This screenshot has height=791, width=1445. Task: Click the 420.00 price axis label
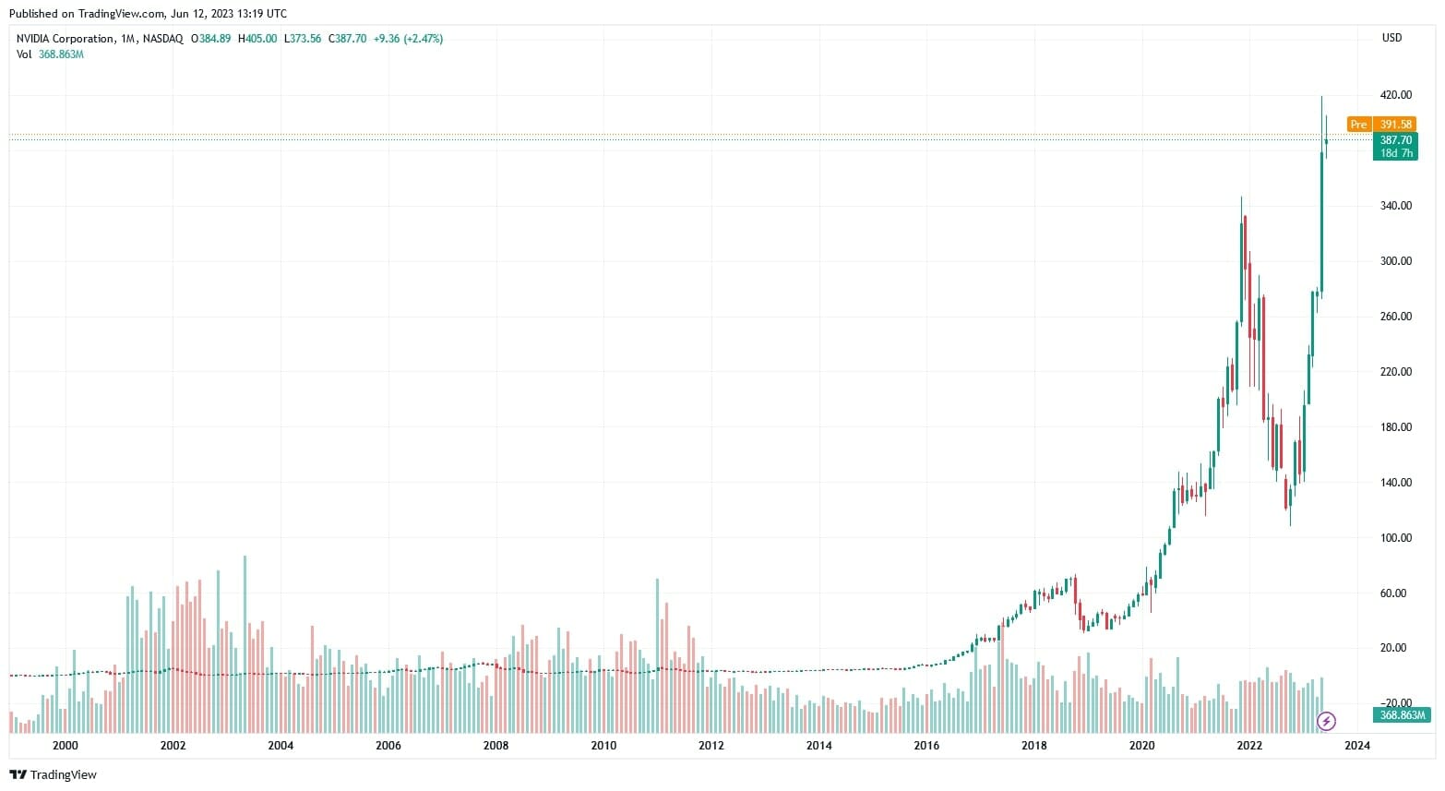1395,95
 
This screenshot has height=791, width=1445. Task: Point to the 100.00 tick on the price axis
1395,537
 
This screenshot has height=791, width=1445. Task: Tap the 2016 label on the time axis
926,746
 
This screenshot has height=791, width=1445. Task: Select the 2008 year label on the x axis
496,746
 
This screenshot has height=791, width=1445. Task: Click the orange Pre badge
1358,125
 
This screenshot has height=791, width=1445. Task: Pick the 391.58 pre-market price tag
1396,125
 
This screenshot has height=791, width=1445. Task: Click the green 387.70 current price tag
1395,140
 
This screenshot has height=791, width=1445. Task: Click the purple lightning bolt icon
1326,721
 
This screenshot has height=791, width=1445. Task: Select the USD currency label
1391,38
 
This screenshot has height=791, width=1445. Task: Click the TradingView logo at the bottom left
53,774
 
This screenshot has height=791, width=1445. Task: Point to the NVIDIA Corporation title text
66,39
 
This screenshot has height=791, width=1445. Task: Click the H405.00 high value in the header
257,39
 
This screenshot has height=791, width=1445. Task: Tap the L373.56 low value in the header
303,39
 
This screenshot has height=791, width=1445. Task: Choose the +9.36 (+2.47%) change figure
408,39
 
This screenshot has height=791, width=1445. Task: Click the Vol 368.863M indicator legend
50,54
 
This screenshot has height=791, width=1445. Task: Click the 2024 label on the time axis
1357,746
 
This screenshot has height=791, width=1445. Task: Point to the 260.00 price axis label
1395,317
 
